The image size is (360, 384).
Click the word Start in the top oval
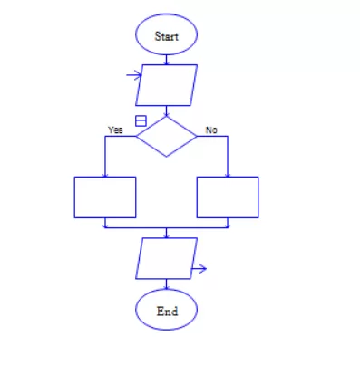point(167,36)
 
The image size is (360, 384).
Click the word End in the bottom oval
point(167,312)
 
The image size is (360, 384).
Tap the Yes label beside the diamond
point(115,130)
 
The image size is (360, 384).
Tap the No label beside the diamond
point(211,130)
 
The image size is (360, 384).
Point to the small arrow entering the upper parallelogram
point(134,75)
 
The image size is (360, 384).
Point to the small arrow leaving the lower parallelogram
point(199,268)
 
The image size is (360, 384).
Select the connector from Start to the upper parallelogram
point(166,60)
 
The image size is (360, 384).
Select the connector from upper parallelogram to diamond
point(166,110)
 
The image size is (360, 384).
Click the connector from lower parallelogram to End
point(166,284)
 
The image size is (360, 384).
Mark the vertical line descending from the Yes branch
point(105,157)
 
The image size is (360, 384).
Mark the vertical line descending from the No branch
point(228,157)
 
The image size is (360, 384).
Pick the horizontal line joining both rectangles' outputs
point(166,228)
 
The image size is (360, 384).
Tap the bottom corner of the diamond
point(166,157)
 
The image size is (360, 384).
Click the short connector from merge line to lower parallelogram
point(166,233)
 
